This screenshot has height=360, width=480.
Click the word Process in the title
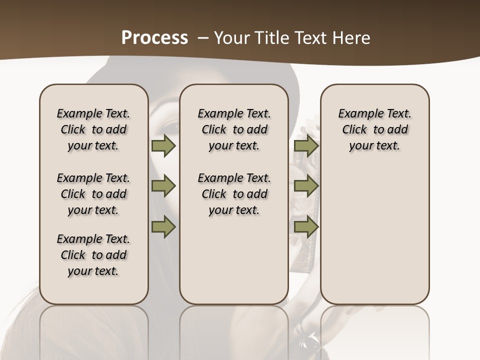(154, 37)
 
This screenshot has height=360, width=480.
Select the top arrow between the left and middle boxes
(163, 146)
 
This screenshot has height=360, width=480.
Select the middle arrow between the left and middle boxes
(163, 186)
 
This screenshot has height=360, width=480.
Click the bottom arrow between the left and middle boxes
(163, 227)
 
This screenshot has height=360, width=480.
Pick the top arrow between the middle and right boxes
(306, 146)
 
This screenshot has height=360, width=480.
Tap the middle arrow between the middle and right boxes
(306, 186)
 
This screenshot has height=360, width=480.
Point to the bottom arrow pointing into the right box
(306, 227)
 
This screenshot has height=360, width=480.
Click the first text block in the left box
(93, 129)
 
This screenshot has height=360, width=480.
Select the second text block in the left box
(93, 194)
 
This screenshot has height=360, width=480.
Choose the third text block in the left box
(93, 255)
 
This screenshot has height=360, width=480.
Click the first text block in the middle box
(234, 129)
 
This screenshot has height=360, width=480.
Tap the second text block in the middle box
(234, 194)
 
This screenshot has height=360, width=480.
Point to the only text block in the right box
(375, 129)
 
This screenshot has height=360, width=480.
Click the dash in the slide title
(202, 38)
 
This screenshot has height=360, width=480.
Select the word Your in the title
(231, 37)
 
